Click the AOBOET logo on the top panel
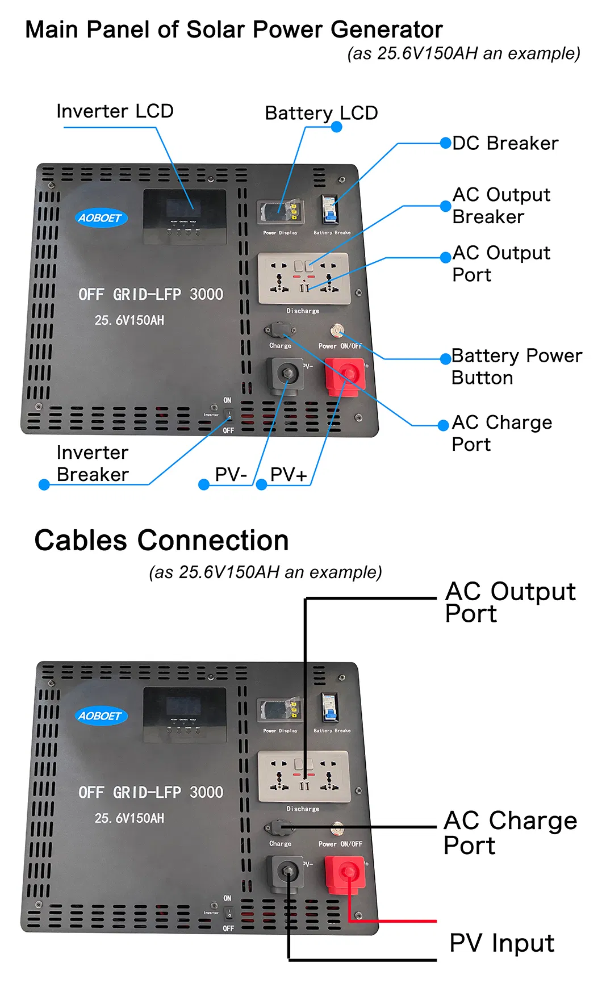click(x=101, y=218)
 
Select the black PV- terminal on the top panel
click(x=286, y=374)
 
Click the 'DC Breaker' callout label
click(x=505, y=143)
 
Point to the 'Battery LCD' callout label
click(x=321, y=113)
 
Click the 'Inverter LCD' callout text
click(x=115, y=111)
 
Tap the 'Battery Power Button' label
click(x=516, y=366)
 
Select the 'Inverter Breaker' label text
click(x=93, y=463)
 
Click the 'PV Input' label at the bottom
click(x=501, y=943)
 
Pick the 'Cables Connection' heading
click(x=161, y=540)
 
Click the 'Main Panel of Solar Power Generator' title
click(x=233, y=30)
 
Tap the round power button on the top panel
click(x=338, y=330)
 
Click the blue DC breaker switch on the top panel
click(x=328, y=210)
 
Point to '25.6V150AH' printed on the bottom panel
click(x=129, y=818)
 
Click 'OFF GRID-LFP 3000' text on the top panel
click(x=150, y=294)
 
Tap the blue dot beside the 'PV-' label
click(x=204, y=484)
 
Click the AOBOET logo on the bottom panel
click(x=101, y=716)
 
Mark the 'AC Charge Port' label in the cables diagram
click(x=509, y=833)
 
